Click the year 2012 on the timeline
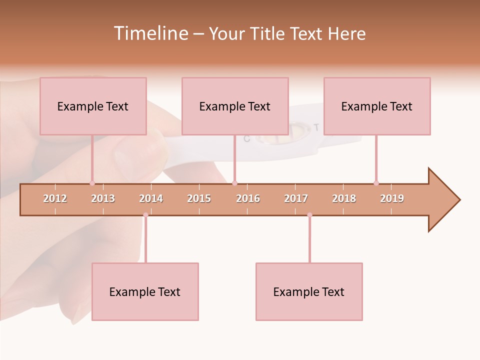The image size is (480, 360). click(x=55, y=198)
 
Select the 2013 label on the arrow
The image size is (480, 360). click(x=103, y=198)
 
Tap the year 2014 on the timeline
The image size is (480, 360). click(x=151, y=198)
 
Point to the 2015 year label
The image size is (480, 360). click(x=199, y=198)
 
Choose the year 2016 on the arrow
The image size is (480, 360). click(x=248, y=198)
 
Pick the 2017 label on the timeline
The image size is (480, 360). click(x=296, y=198)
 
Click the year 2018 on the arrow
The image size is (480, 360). click(x=344, y=198)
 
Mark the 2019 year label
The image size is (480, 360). click(x=392, y=198)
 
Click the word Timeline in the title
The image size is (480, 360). click(x=149, y=33)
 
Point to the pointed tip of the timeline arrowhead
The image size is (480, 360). click(x=459, y=200)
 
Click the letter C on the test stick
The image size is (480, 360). click(x=246, y=139)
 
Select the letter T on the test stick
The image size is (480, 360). click(x=316, y=127)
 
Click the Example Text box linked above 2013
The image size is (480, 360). click(x=93, y=106)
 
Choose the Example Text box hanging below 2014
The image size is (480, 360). click(x=145, y=291)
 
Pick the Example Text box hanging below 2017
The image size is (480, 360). click(x=309, y=291)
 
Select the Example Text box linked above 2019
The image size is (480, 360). click(x=377, y=106)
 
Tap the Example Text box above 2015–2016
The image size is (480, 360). click(x=235, y=106)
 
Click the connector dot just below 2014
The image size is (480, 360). click(x=145, y=215)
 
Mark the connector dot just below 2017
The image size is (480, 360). click(x=309, y=215)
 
